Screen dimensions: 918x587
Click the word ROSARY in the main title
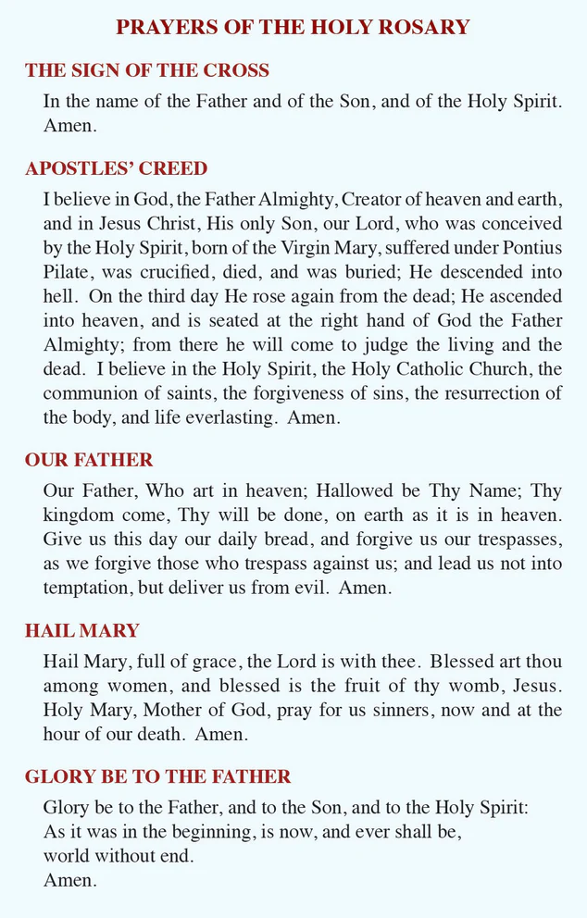click(423, 27)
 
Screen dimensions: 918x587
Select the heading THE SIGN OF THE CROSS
click(147, 70)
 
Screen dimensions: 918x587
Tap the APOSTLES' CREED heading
click(116, 168)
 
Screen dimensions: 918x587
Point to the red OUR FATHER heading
click(89, 460)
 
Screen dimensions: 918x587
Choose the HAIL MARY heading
click(81, 631)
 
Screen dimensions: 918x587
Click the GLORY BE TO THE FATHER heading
click(157, 776)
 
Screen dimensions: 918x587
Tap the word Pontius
click(530, 248)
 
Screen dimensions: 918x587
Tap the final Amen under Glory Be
click(69, 880)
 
